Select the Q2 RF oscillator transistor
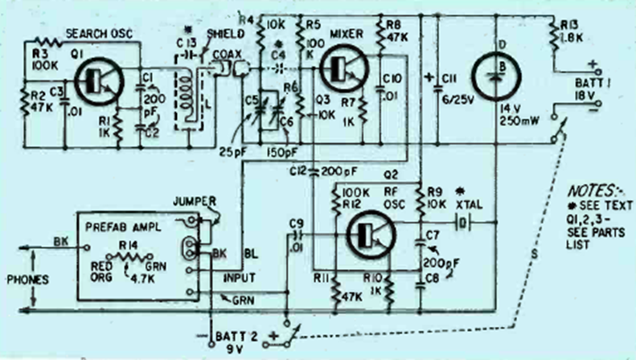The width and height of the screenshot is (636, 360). pyautogui.click(x=366, y=234)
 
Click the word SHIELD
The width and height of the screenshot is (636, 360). pyautogui.click(x=222, y=33)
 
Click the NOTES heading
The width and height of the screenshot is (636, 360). pyautogui.click(x=589, y=192)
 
